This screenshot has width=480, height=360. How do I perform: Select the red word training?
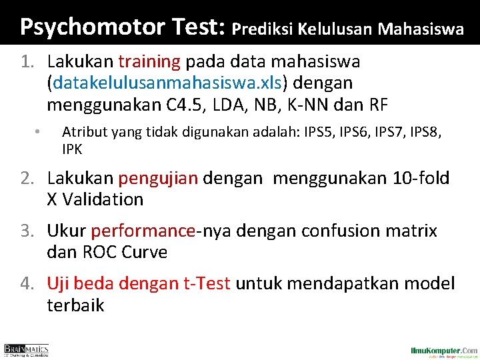[149, 62]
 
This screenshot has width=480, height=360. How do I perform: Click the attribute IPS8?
[423, 133]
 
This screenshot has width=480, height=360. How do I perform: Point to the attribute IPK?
[72, 149]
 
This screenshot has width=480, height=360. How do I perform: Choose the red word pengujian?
[158, 178]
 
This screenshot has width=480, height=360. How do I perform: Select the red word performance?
[143, 231]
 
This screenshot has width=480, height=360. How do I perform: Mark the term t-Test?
[206, 284]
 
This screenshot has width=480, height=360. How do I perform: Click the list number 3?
[27, 231]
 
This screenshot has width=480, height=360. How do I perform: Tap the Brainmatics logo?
[27, 350]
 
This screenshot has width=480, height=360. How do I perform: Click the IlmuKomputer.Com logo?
[443, 351]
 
